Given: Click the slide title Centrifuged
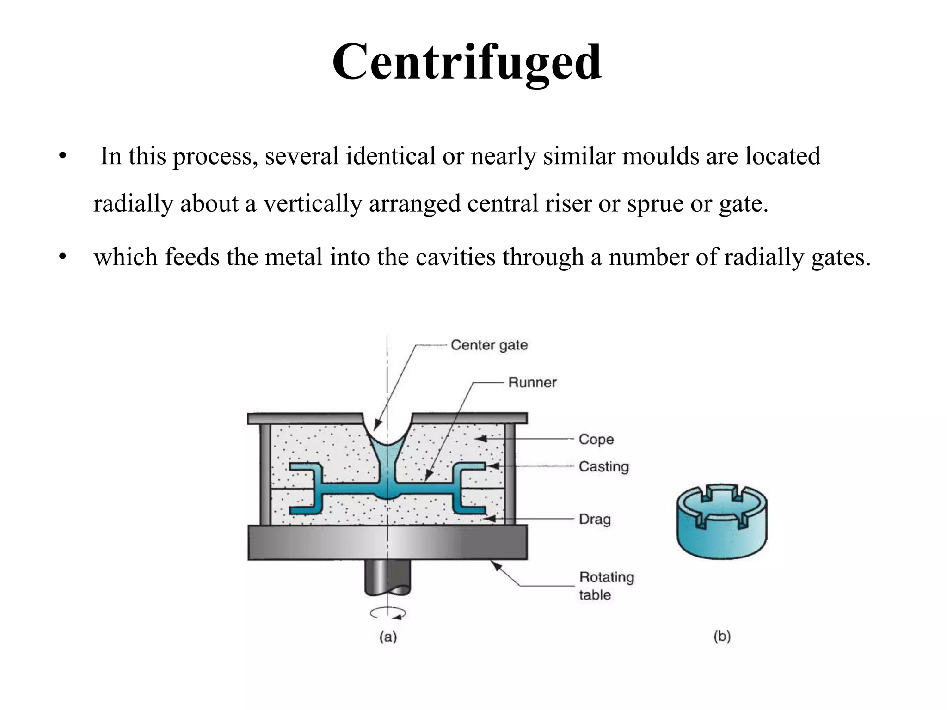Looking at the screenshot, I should point(467,62).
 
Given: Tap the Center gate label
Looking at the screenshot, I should point(489,345).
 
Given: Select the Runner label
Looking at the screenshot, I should point(532,382).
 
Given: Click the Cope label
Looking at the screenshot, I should point(596,439).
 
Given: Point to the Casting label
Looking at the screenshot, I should point(603,466).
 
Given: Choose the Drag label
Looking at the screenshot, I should point(595,519).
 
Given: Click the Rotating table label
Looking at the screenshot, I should point(606,586).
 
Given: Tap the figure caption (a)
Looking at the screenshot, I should point(388,637).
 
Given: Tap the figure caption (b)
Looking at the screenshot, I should point(722,637).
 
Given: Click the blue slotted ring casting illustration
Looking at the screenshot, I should point(721,522).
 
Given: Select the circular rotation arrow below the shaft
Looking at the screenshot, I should point(388,613).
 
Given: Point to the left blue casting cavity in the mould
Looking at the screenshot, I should point(307,489).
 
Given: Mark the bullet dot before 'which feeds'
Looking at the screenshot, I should point(63,257).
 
